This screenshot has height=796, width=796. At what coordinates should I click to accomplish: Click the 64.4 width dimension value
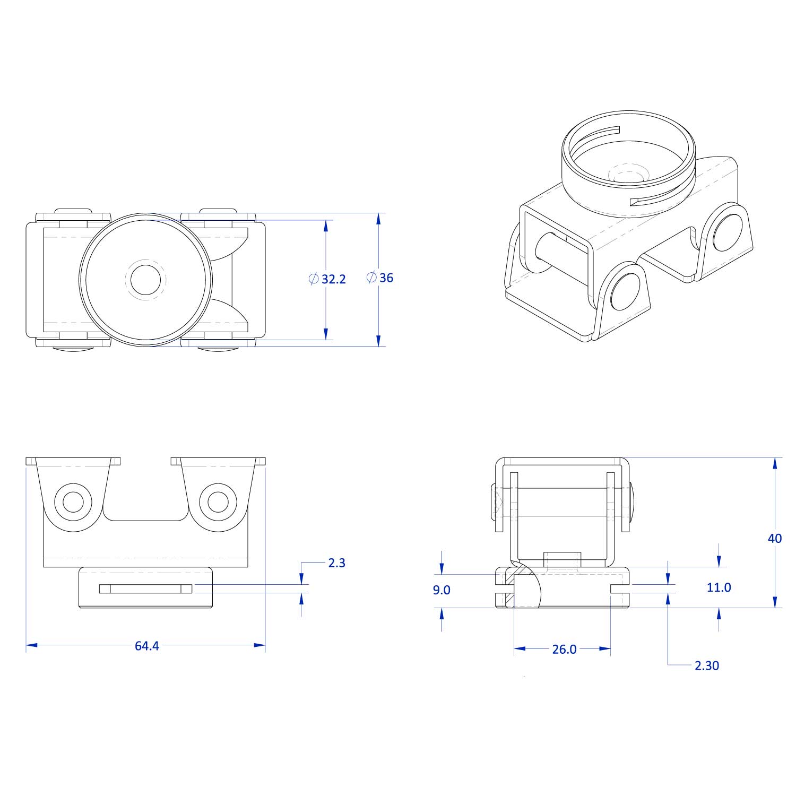click(147, 646)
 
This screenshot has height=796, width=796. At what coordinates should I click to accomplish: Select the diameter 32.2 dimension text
click(334, 279)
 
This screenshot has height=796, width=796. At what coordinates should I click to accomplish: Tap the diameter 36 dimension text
click(386, 278)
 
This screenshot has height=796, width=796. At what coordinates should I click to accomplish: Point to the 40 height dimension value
click(775, 538)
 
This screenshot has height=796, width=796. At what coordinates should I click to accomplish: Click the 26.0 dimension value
click(564, 650)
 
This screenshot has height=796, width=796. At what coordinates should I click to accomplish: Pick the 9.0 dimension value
click(442, 590)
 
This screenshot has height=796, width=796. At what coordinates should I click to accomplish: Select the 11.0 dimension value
click(719, 587)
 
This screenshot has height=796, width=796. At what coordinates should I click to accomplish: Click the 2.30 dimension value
click(707, 665)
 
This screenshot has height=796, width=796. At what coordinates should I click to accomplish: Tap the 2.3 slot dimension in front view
click(336, 563)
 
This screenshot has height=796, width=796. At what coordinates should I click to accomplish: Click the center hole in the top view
click(145, 280)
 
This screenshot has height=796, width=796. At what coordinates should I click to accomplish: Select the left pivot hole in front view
click(73, 501)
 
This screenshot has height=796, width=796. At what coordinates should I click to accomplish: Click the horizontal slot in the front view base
click(145, 589)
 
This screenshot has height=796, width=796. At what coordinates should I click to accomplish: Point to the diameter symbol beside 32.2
click(314, 279)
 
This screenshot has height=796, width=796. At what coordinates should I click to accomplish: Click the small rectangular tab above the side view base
click(563, 560)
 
